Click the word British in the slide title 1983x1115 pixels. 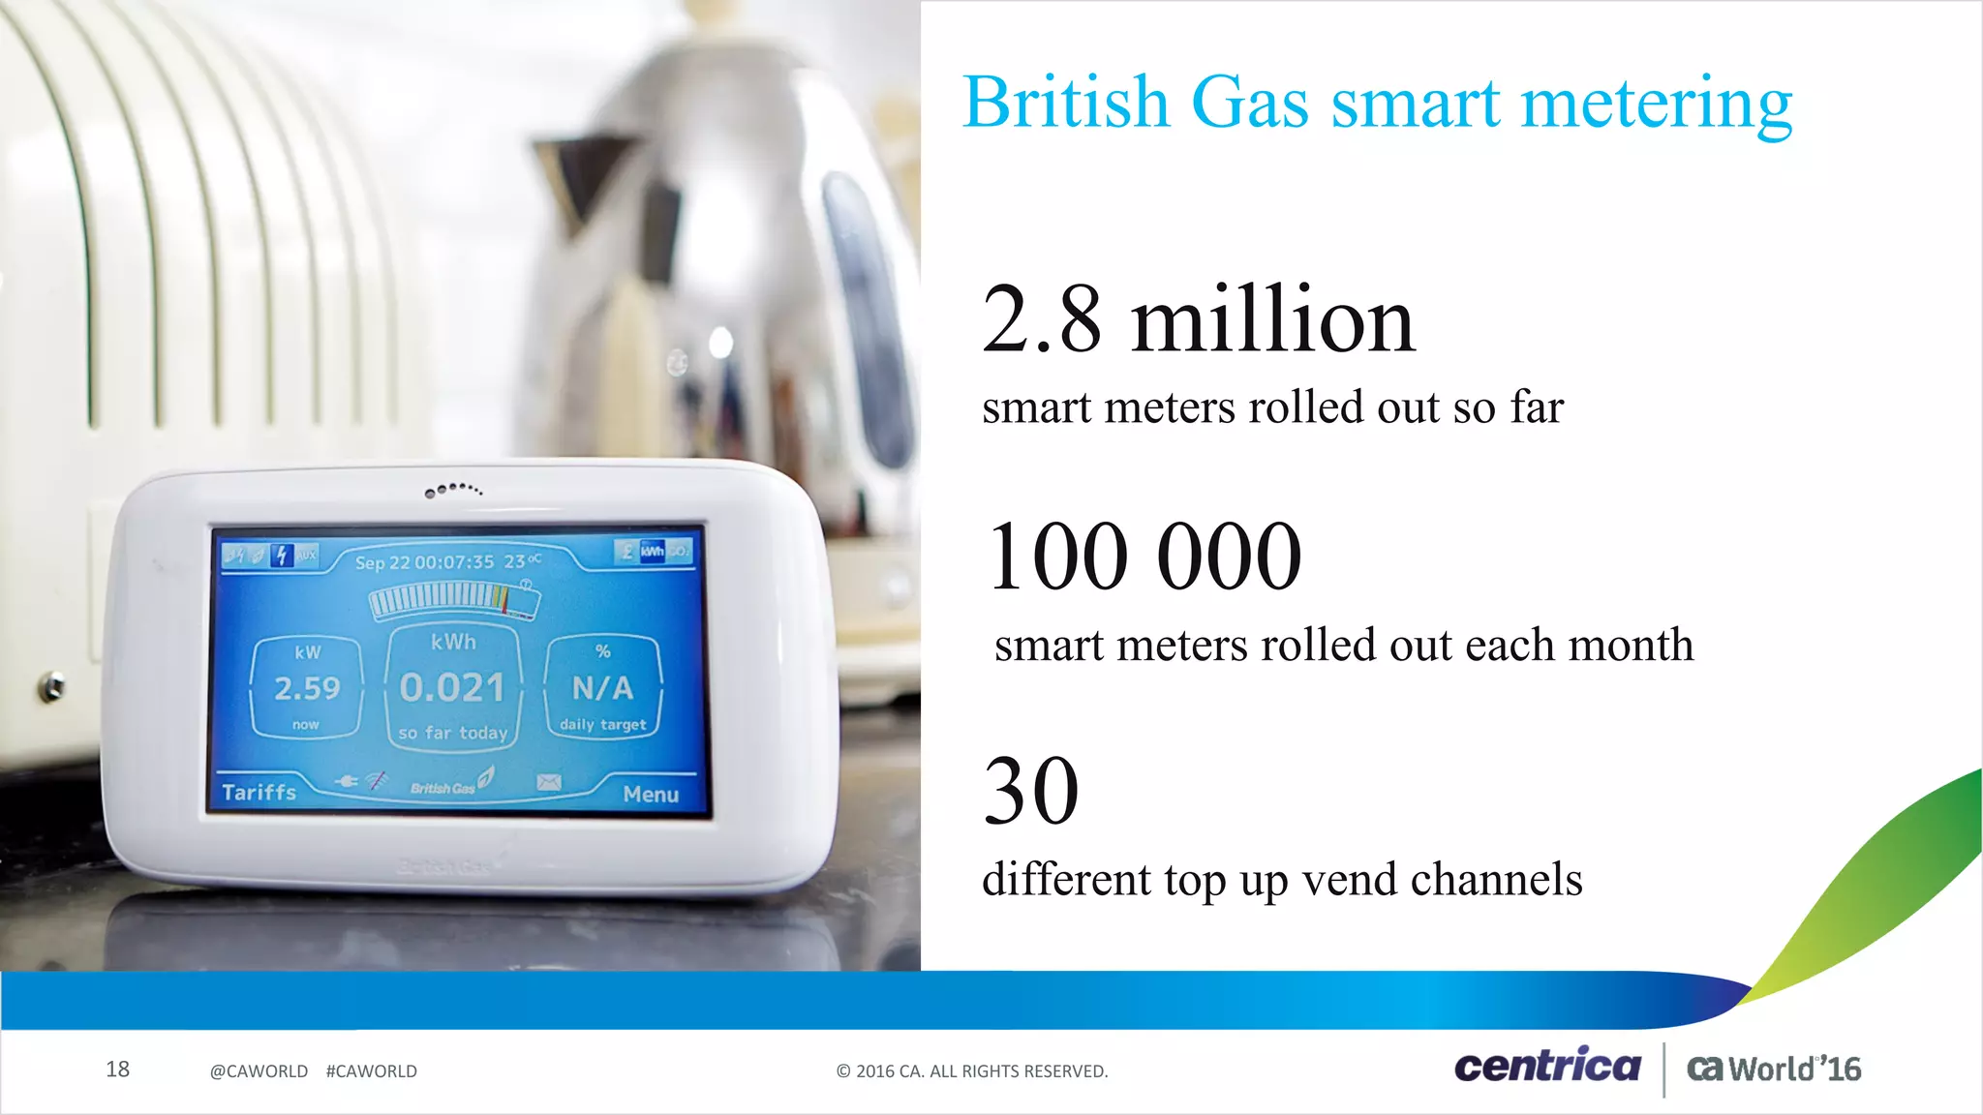click(x=1066, y=102)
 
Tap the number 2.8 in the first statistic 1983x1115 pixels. click(x=1042, y=319)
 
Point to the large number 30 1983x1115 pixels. click(x=1031, y=791)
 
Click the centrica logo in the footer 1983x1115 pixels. click(x=1547, y=1067)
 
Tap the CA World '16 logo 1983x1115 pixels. click(x=1774, y=1069)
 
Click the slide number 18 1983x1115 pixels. click(x=117, y=1070)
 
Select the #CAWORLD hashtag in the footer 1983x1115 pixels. click(x=372, y=1071)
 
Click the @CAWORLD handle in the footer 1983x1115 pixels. click(x=259, y=1071)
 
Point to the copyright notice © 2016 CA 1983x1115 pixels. click(x=972, y=1071)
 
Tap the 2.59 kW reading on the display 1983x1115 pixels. click(x=307, y=688)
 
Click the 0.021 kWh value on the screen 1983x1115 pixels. click(x=452, y=688)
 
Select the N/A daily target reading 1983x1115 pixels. click(x=602, y=688)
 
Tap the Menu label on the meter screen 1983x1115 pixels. click(x=651, y=795)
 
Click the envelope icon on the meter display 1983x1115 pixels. click(x=549, y=782)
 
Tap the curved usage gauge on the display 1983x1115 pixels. click(x=454, y=600)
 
